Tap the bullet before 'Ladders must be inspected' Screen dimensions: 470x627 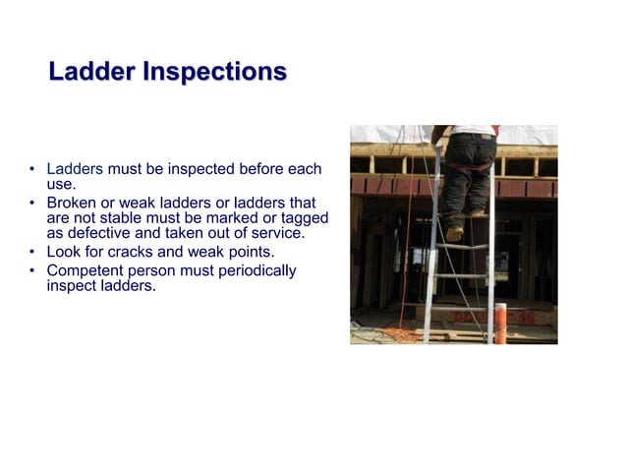32,169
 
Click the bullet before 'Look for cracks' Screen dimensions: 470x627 32,252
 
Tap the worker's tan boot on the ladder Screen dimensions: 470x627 455,233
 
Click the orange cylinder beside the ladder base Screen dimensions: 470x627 500,324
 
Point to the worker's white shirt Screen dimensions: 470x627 470,129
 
